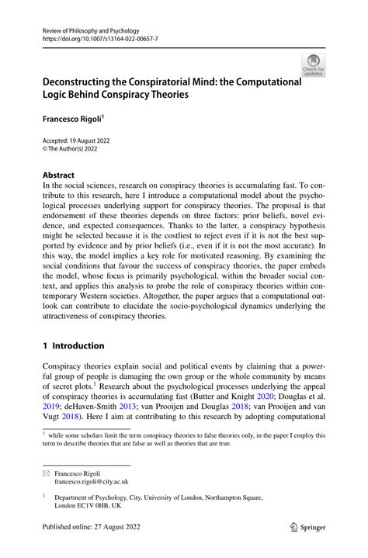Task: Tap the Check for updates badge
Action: point(313,65)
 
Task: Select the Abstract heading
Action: point(59,175)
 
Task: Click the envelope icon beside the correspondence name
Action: point(47,472)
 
